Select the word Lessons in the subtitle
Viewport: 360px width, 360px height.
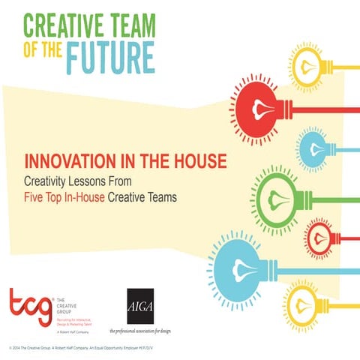[x=107, y=181]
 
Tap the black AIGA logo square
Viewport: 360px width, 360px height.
[x=140, y=306]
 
